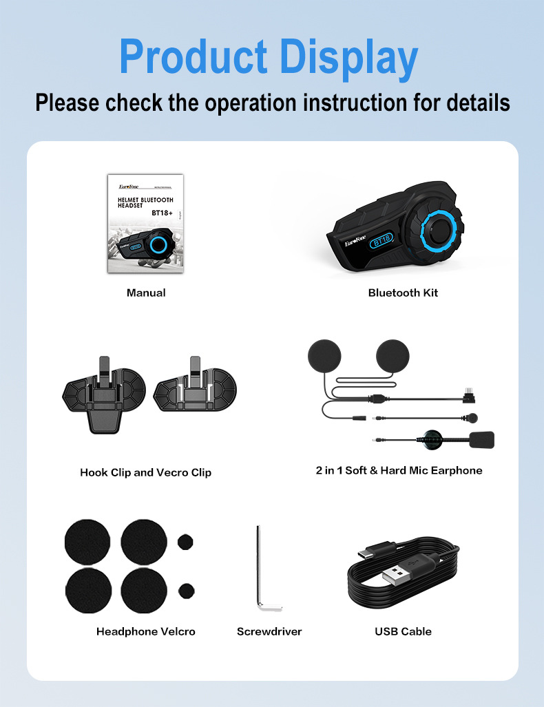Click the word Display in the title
(354, 57)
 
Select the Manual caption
(146, 293)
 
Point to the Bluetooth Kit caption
(403, 293)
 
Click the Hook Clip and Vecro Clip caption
(145, 472)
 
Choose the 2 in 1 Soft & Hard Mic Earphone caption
(399, 470)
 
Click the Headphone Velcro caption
(145, 631)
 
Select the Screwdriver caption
(269, 631)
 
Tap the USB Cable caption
(403, 631)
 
